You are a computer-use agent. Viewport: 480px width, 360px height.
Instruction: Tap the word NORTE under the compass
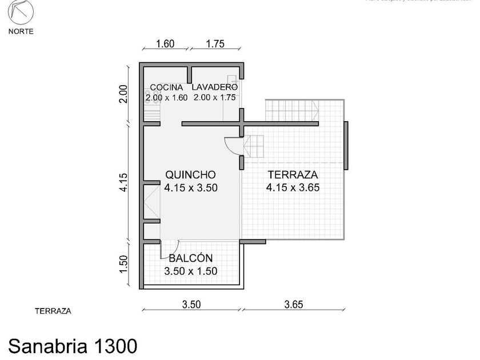[21, 31]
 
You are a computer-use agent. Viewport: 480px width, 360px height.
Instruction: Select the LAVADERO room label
[214, 87]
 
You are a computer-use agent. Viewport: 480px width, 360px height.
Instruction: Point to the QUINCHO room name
[190, 175]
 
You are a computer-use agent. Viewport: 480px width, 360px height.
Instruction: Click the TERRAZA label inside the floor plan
[293, 175]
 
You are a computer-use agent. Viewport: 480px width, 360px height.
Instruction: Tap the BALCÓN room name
[190, 258]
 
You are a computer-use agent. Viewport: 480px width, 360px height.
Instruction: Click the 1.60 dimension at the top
[165, 44]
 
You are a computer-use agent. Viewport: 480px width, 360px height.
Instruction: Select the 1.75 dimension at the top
[214, 44]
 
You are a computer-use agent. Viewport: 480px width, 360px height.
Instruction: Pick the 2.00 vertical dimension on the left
[123, 94]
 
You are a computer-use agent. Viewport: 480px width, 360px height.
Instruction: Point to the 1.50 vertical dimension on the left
[123, 265]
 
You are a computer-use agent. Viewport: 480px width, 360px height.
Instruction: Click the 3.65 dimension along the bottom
[293, 305]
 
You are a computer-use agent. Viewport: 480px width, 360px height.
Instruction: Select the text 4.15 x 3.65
[293, 187]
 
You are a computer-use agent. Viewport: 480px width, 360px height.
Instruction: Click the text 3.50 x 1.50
[190, 271]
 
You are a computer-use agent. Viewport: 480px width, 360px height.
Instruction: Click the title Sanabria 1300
[73, 345]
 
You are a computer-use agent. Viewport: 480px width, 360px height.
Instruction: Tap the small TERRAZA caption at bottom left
[53, 311]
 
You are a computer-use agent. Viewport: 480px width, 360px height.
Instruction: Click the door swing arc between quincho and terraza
[231, 147]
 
